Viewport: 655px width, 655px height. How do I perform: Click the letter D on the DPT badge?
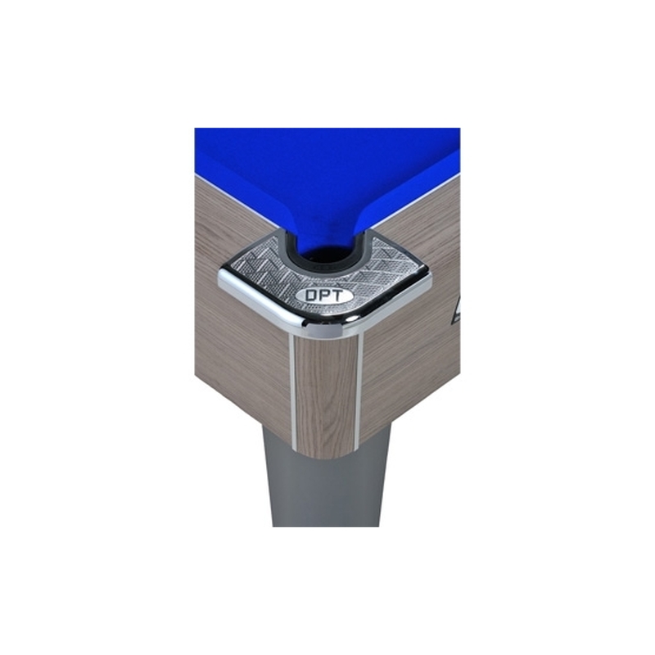tap(311, 296)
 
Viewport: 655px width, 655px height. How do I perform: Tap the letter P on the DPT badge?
tap(324, 296)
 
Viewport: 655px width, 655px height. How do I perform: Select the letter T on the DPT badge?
tap(336, 296)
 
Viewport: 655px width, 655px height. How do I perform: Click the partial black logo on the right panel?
tap(456, 310)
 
